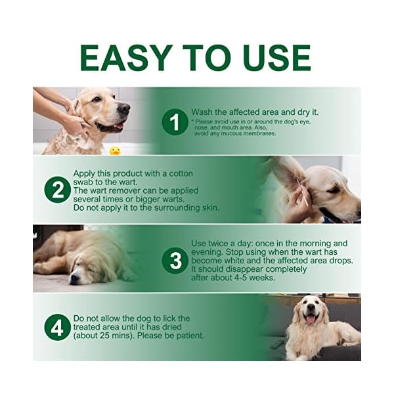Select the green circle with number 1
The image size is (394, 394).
tap(175, 121)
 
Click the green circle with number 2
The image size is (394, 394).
tap(57, 190)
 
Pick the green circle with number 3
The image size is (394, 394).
tap(175, 260)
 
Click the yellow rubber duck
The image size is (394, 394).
tap(115, 150)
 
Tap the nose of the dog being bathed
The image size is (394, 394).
tap(124, 108)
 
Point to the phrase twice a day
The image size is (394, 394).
tap(225, 244)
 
